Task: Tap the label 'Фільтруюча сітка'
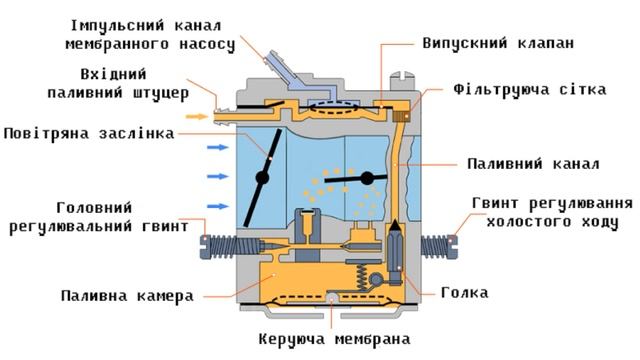pos(529,89)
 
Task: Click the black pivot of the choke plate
pos(263,178)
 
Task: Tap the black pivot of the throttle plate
pos(367,179)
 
